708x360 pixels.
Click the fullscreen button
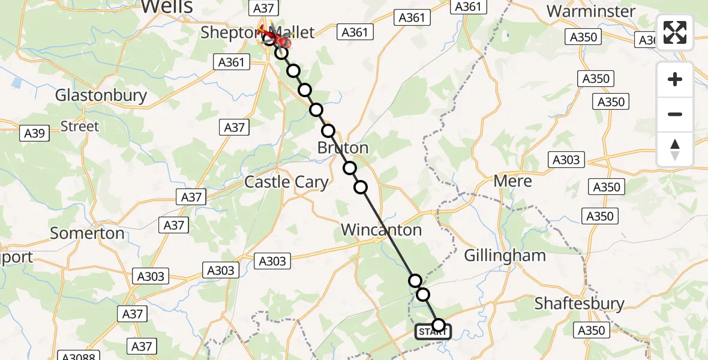675,32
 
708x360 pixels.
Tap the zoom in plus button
675,80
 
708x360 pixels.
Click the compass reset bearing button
675,149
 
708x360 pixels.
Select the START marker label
433,332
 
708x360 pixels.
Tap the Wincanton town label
381,230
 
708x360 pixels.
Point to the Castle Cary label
286,182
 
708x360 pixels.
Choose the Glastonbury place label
101,95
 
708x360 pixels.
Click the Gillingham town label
505,256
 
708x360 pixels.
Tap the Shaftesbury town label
579,304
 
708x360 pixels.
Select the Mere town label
512,181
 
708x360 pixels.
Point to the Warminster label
591,11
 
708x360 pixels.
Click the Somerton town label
88,233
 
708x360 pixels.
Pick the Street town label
80,127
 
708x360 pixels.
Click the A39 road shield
34,133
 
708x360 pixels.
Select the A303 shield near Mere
566,160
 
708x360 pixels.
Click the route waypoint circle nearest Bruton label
328,131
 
